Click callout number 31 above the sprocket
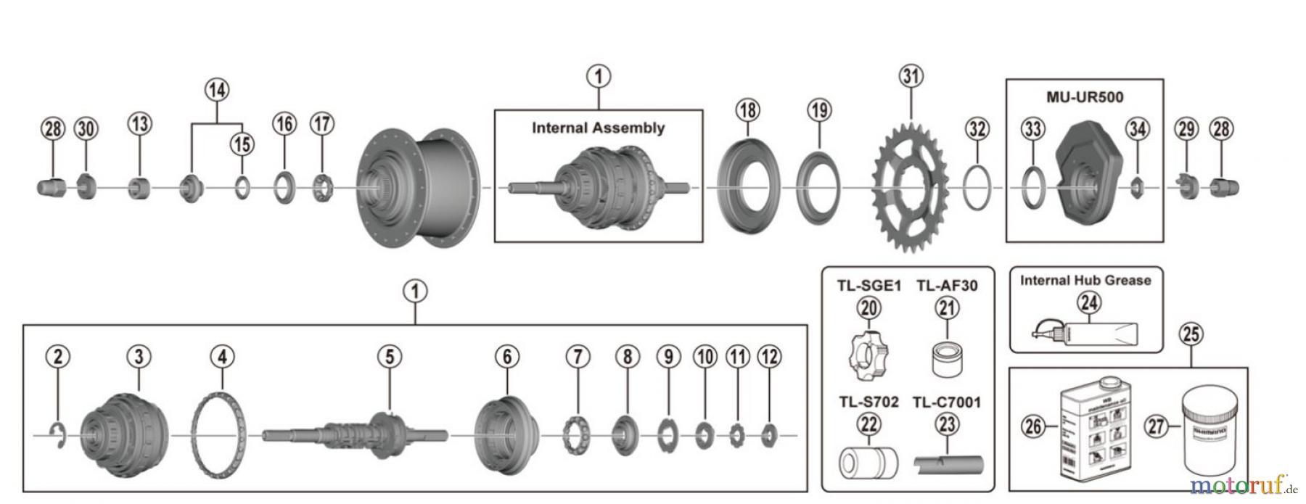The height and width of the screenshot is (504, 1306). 911,75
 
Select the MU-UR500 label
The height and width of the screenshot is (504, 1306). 1085,96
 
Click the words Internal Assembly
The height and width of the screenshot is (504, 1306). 598,128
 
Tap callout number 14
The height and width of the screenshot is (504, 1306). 216,90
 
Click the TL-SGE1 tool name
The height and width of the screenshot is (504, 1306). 869,286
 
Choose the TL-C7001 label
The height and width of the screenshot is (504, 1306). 946,402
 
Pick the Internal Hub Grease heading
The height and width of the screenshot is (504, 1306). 1085,281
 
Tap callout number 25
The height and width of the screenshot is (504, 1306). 1191,334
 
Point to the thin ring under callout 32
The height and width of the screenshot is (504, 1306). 977,188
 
